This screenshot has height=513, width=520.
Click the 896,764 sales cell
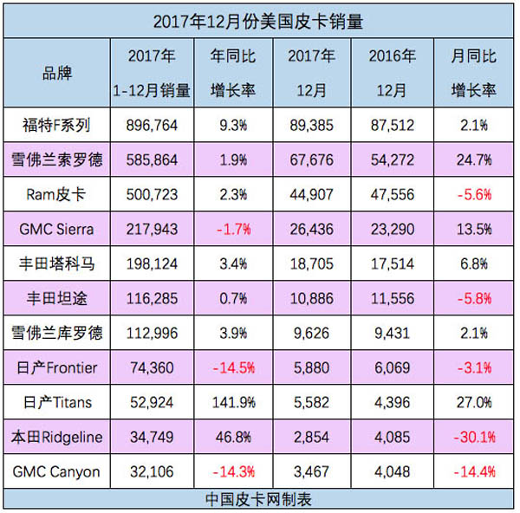point(152,126)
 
